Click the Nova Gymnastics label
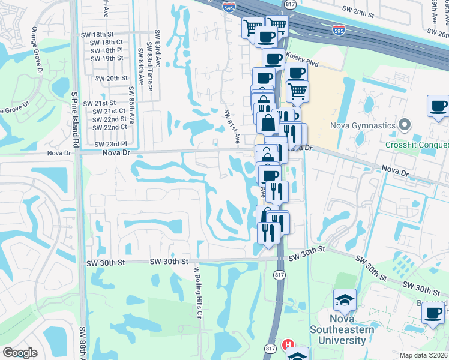pyautogui.click(x=363, y=125)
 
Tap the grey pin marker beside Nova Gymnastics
pyautogui.click(x=405, y=125)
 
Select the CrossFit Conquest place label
pyautogui.click(x=417, y=144)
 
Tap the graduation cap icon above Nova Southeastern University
pyautogui.click(x=345, y=300)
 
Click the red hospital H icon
pyautogui.click(x=288, y=345)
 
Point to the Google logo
pyautogui.click(x=20, y=353)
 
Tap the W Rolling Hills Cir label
pyautogui.click(x=197, y=293)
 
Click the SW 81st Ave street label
pyautogui.click(x=232, y=125)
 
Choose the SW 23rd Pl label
pyautogui.click(x=113, y=144)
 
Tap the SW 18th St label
pyautogui.click(x=106, y=35)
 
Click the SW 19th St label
pyautogui.click(x=106, y=58)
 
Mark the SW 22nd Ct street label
pyautogui.click(x=110, y=127)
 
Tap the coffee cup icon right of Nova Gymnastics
pyautogui.click(x=438, y=106)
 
